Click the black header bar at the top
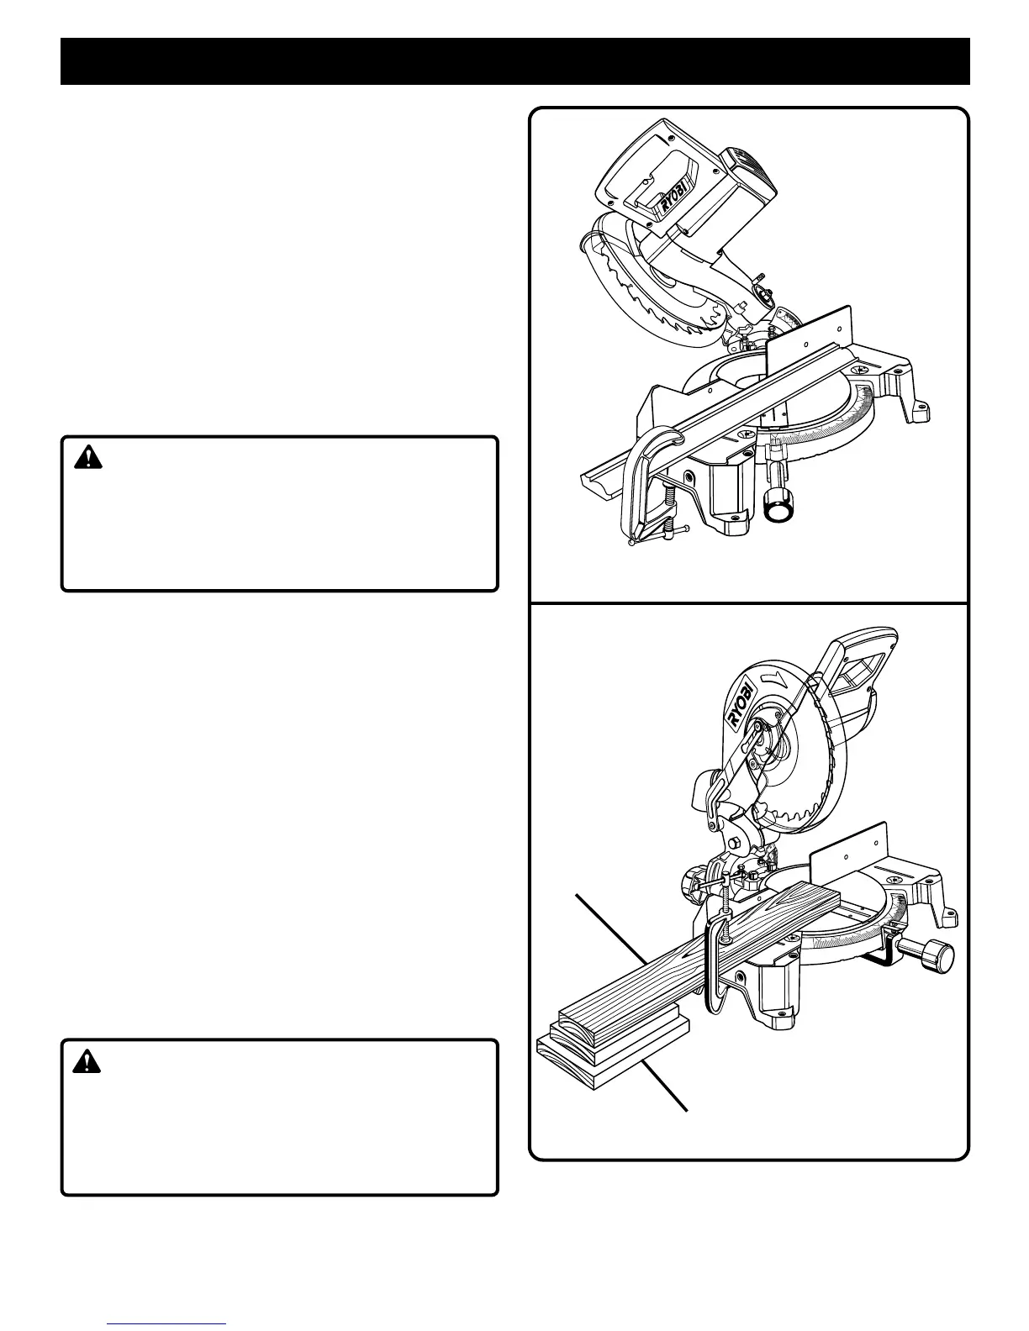(514, 61)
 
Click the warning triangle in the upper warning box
(87, 458)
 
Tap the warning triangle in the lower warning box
(87, 1062)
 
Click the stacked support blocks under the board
(609, 1046)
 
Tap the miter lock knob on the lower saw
(935, 957)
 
